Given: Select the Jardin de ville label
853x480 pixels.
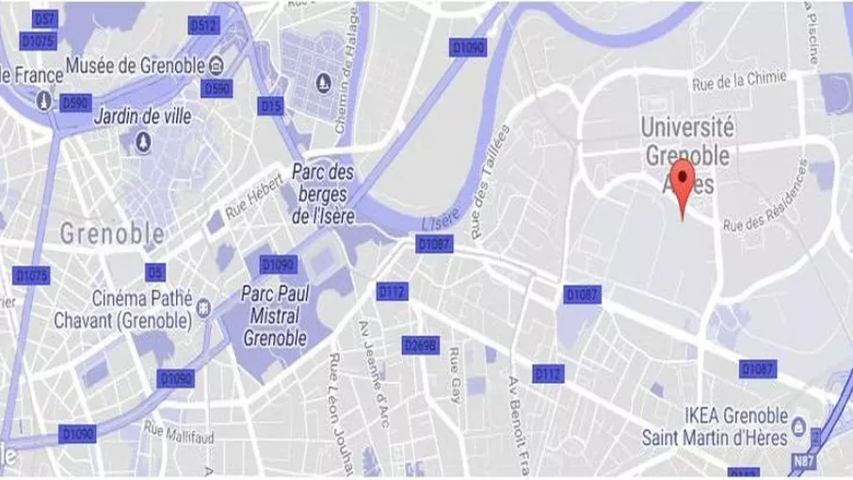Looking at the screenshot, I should click(142, 120).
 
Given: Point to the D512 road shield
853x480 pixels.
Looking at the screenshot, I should click(203, 26).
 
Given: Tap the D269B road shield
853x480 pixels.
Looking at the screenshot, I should click(420, 345).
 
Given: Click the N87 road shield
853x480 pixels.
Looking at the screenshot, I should click(803, 461).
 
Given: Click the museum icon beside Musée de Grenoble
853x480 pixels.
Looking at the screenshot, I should click(217, 65).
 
